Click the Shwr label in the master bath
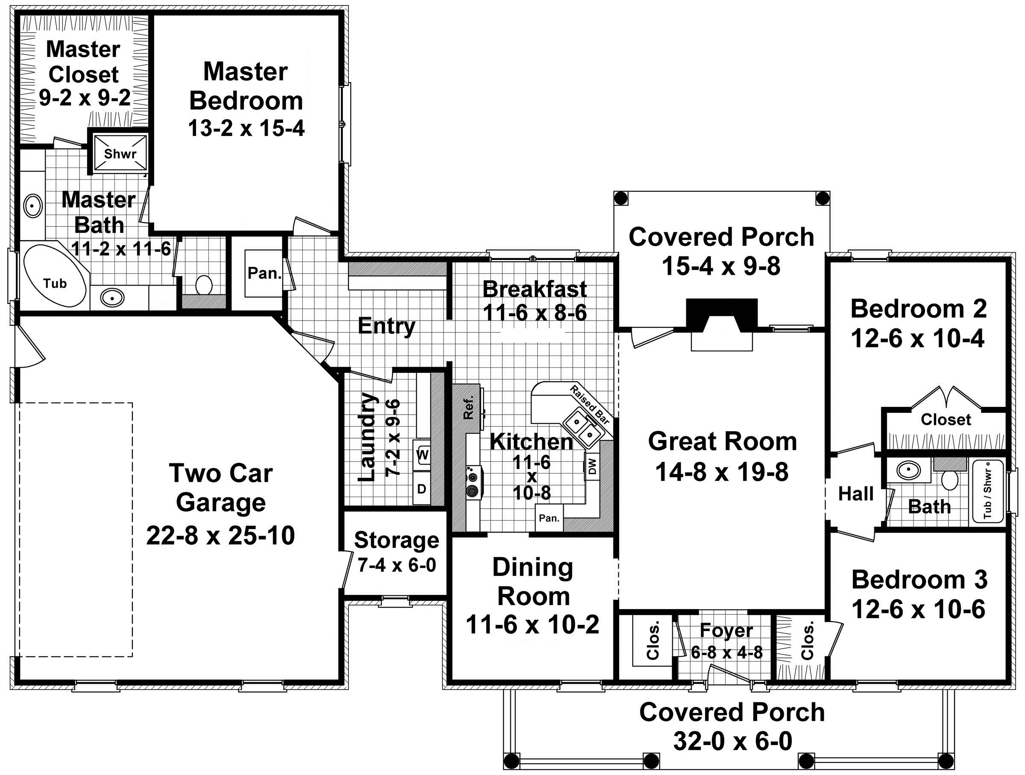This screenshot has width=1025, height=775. (120, 153)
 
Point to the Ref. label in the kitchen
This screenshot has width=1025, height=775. (469, 408)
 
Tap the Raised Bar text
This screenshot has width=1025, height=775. (589, 404)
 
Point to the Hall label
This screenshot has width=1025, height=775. (855, 494)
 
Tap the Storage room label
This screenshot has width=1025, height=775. (396, 540)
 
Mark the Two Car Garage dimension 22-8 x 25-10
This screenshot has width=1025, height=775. (220, 535)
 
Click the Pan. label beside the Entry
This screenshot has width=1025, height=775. (265, 273)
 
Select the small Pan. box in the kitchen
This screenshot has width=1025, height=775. (549, 518)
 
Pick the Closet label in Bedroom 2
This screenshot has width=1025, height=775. (946, 419)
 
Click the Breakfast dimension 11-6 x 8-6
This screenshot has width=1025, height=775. (535, 312)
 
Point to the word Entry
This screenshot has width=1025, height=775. (387, 327)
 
